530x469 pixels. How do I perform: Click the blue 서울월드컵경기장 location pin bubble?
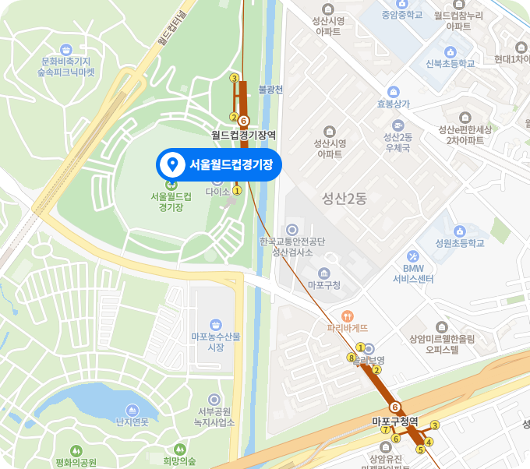point(217,164)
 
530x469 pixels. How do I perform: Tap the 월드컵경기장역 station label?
point(244,135)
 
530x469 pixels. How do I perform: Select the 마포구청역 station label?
point(395,421)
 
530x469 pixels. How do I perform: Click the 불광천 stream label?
point(270,90)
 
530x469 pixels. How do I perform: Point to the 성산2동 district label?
point(344,199)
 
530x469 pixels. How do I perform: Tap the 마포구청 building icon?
point(323,273)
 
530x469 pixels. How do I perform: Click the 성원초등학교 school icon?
point(460,231)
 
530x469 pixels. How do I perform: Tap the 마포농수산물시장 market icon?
point(216,324)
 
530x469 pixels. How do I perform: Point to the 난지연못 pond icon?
point(132,410)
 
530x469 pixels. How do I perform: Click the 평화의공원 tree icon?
point(76,450)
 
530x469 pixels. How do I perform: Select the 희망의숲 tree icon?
point(180,449)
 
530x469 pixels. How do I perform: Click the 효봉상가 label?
point(394,103)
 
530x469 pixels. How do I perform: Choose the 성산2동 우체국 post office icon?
point(397,125)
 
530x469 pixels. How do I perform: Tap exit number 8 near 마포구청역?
point(351,358)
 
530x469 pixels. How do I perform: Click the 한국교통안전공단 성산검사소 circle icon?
point(292,229)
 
